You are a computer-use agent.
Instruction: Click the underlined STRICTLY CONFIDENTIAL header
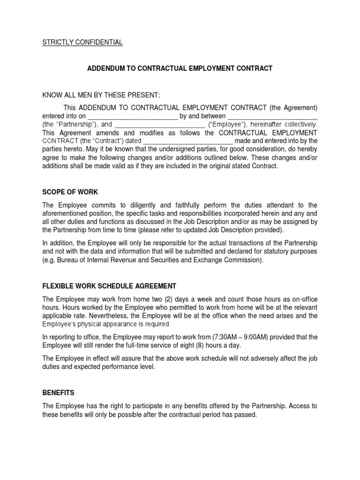pyautogui.click(x=82, y=43)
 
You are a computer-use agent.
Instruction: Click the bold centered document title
pyautogui.click(x=180, y=68)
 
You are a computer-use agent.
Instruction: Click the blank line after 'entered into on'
pyautogui.click(x=133, y=116)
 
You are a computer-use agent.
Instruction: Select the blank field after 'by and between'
pyautogui.click(x=273, y=116)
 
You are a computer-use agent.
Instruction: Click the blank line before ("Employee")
pyautogui.click(x=159, y=125)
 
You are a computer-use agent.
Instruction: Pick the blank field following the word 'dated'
pyautogui.click(x=187, y=141)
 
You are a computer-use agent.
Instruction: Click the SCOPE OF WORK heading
pyautogui.click(x=70, y=192)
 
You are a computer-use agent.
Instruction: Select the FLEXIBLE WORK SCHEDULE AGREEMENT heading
pyautogui.click(x=109, y=286)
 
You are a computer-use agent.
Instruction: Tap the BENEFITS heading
pyautogui.click(x=59, y=392)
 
